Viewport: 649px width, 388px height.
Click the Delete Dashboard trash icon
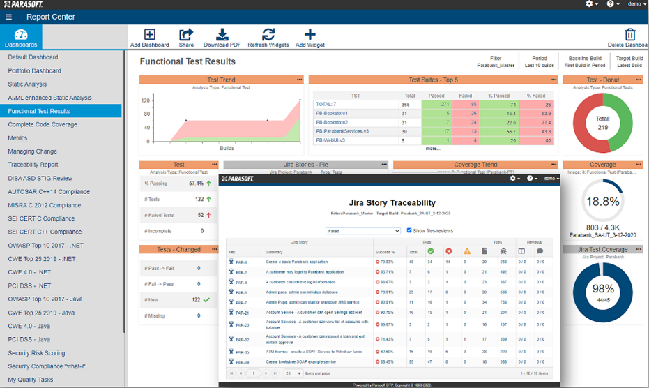629,35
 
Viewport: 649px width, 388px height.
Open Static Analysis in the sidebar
27,84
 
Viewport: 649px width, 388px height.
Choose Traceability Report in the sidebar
33,165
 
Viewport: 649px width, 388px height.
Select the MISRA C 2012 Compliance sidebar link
44,205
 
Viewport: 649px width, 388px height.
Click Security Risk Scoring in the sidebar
36,353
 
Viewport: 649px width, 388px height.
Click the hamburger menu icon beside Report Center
8,17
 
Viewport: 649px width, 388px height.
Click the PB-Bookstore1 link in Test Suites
332,113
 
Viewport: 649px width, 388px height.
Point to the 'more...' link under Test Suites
433,149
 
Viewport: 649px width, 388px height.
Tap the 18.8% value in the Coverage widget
602,202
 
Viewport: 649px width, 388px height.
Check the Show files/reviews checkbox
409,230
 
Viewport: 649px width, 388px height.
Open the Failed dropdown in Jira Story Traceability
362,230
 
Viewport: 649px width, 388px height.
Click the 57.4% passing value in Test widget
196,184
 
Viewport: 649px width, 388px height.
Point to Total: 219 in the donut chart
602,123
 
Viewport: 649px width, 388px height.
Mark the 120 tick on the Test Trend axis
146,100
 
